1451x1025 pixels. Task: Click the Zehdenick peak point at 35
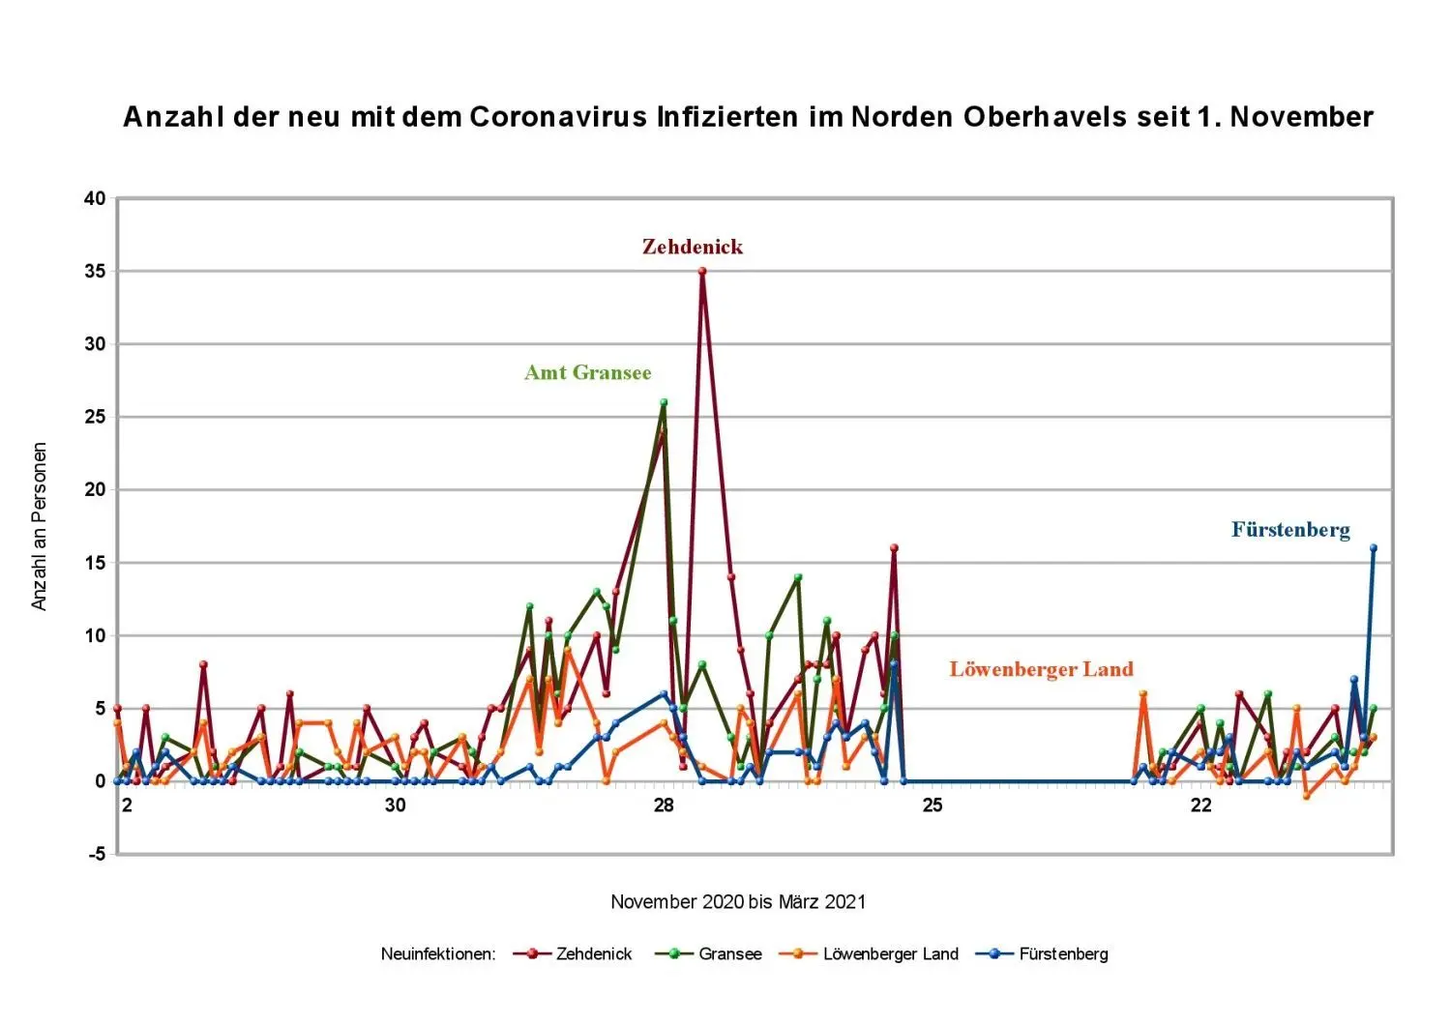(x=702, y=272)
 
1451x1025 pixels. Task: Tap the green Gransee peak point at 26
(x=664, y=402)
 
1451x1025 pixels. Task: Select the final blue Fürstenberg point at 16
(x=1373, y=548)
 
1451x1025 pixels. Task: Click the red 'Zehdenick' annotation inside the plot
(x=693, y=247)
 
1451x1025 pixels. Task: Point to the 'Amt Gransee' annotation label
(x=587, y=372)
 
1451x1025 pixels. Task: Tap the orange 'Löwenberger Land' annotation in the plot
(x=1041, y=669)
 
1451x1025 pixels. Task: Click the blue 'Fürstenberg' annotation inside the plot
(x=1290, y=529)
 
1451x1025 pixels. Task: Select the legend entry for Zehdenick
(x=593, y=954)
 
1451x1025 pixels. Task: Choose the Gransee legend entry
(x=729, y=954)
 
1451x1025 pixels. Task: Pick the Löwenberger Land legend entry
(x=890, y=954)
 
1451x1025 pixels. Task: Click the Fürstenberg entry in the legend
(x=1063, y=954)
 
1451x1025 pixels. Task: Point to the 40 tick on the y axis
(x=95, y=199)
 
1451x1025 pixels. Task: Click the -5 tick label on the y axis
(x=96, y=854)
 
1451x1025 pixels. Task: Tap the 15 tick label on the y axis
(x=95, y=563)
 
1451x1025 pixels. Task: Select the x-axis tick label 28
(x=664, y=805)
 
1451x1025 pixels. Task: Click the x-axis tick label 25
(x=932, y=805)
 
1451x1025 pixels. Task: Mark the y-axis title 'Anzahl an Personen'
(x=40, y=527)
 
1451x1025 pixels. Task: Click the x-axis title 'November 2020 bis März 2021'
(x=738, y=902)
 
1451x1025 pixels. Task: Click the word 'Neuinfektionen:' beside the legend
(x=438, y=954)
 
